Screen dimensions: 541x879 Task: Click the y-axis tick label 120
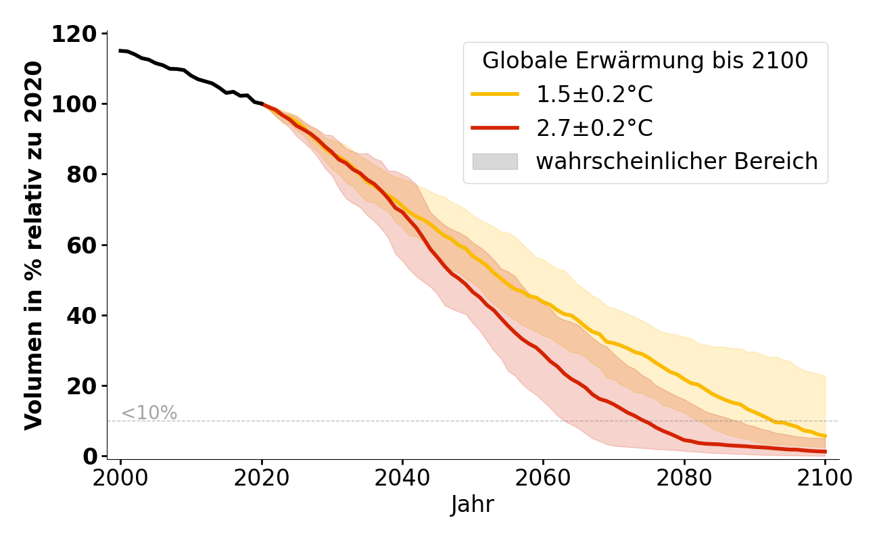tap(77, 34)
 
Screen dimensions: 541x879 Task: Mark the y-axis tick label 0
tap(91, 456)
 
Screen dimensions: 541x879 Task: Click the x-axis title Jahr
tap(473, 505)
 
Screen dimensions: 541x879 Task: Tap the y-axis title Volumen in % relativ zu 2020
tap(34, 245)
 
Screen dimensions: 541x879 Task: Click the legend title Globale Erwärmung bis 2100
tap(645, 61)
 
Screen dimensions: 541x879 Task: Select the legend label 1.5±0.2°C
tap(594, 95)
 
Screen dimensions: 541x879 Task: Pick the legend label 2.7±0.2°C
tap(594, 128)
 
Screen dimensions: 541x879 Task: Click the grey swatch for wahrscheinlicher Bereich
tap(495, 162)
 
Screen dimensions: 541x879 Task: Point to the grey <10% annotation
tap(149, 413)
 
